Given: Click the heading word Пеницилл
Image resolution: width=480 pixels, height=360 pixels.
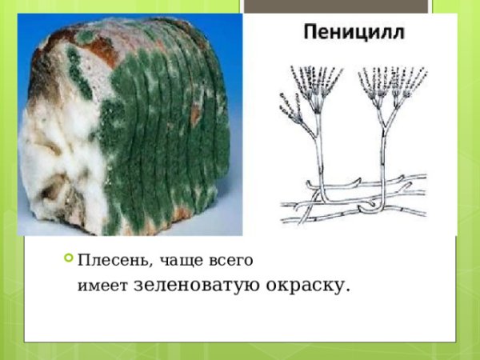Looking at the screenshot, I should [353, 34].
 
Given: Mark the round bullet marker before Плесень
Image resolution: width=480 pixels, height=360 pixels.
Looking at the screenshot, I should [67, 259].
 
